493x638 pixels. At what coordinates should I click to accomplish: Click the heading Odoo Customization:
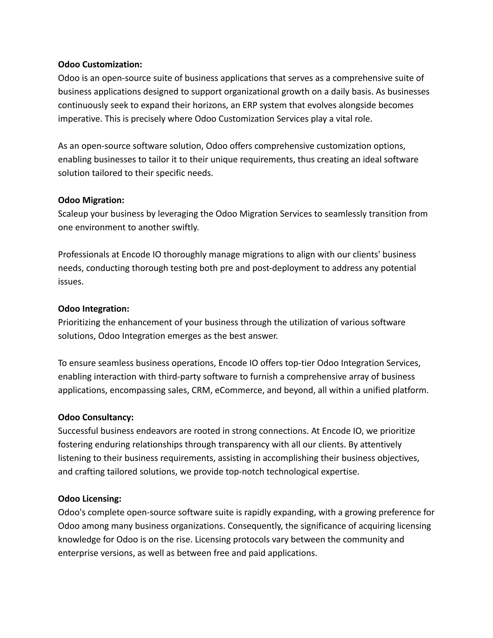pyautogui.click(x=100, y=65)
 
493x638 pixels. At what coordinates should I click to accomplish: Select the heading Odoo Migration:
pyautogui.click(x=91, y=200)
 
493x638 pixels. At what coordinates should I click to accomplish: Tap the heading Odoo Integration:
pyautogui.click(x=93, y=309)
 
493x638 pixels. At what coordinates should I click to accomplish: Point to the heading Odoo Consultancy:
pyautogui.click(x=96, y=417)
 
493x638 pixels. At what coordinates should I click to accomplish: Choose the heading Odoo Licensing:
pyautogui.click(x=90, y=499)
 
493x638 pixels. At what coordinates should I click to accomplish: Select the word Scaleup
pyautogui.click(x=73, y=214)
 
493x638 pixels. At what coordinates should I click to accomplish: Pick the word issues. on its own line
pyautogui.click(x=71, y=282)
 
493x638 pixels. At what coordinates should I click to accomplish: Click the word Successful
pyautogui.click(x=78, y=431)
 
